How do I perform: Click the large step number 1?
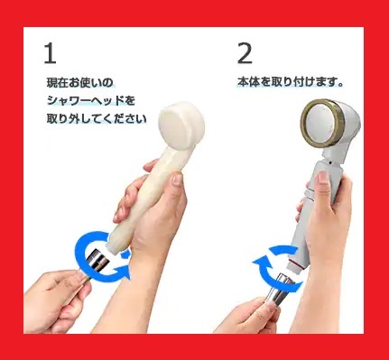tap(51, 53)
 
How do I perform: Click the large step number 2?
tap(245, 53)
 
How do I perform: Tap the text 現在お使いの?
tap(79, 82)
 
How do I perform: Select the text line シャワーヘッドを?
tap(91, 100)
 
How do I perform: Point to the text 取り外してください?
tap(97, 118)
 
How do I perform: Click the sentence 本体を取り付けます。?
tap(291, 82)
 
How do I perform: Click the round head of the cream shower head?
tap(181, 126)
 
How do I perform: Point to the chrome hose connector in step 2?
tap(278, 291)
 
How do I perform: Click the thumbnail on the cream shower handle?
tap(177, 180)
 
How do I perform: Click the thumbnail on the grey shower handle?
tap(323, 180)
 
